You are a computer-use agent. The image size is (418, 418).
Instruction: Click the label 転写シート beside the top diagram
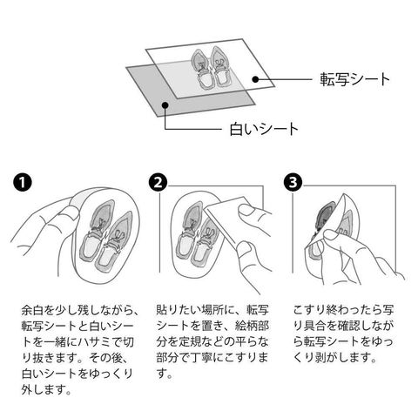pos(354,79)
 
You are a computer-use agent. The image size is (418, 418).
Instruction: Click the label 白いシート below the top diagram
pos(264,129)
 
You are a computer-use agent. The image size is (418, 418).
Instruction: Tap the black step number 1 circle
pos(23,182)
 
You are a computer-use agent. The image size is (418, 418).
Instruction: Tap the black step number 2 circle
pos(158,182)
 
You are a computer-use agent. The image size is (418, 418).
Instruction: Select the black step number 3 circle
pos(293,182)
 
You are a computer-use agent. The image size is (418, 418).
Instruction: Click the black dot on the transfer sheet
pos(255,79)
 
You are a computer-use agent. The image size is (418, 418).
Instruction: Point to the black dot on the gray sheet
pos(165,105)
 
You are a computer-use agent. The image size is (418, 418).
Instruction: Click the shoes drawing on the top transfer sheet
pos(212,67)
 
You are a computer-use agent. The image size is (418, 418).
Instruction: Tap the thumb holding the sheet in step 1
pos(68,215)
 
